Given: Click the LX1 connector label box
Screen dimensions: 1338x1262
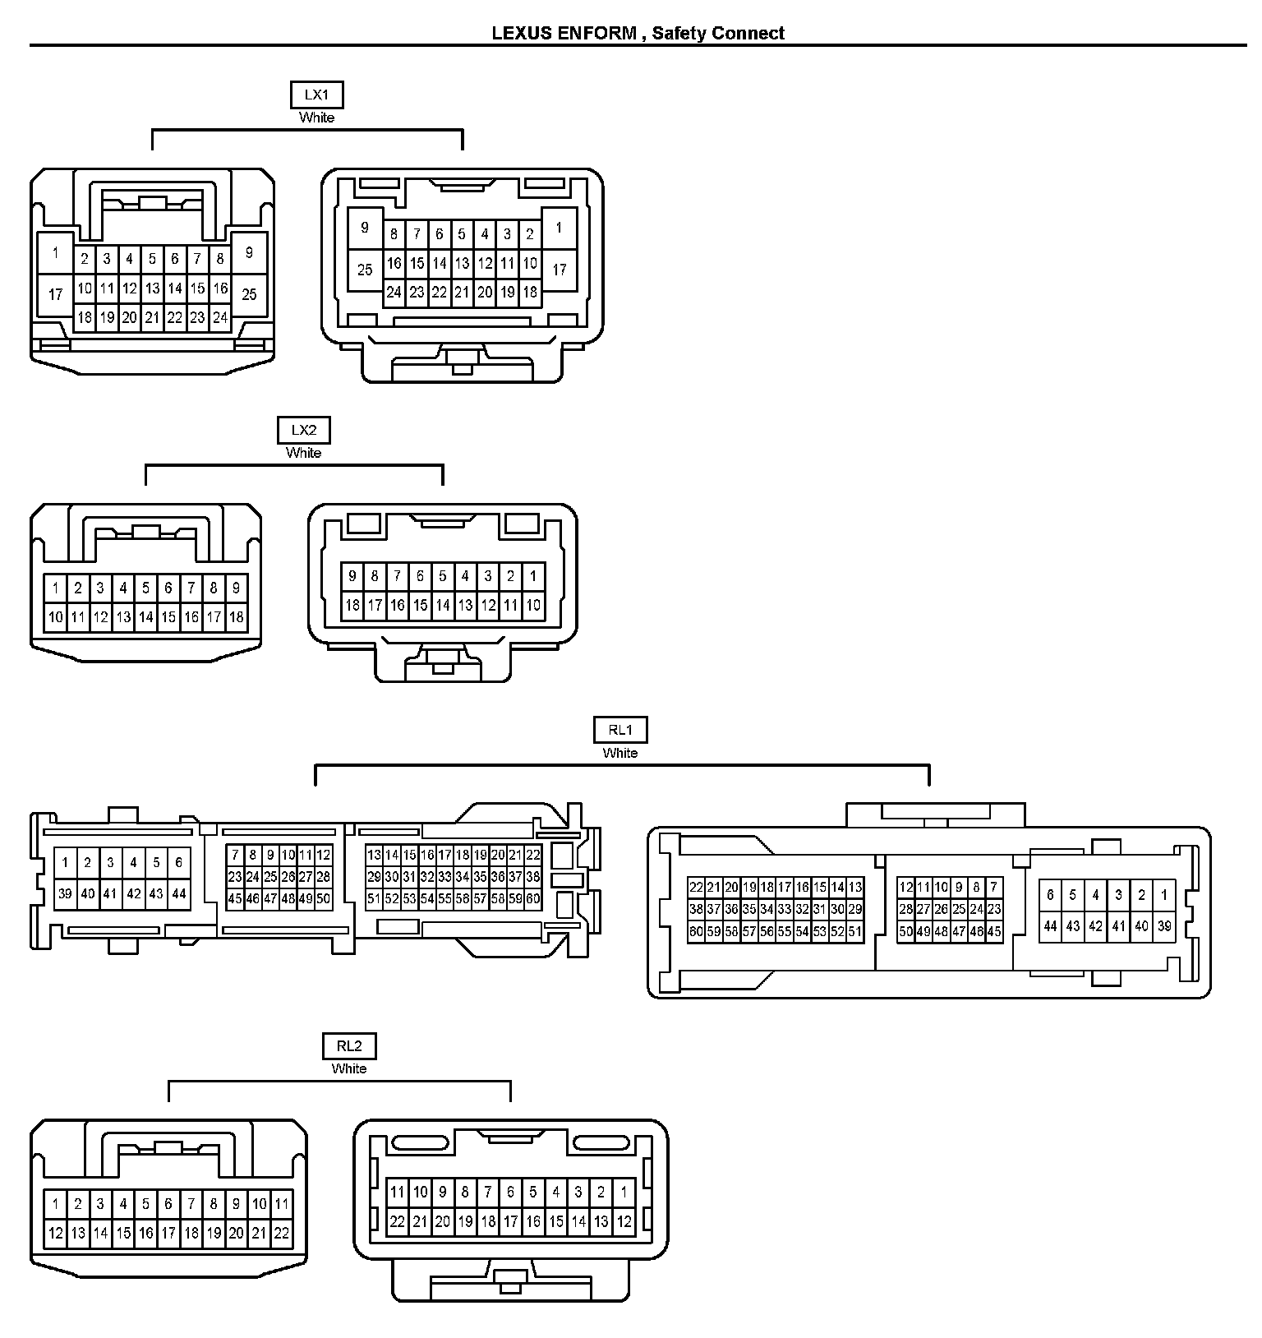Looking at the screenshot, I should [316, 95].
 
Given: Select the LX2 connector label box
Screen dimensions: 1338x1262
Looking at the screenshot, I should [303, 430].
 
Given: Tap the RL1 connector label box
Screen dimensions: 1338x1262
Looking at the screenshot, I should [620, 730].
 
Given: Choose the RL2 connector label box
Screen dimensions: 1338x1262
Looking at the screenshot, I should [349, 1046].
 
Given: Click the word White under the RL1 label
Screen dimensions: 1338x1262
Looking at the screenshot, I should [620, 753].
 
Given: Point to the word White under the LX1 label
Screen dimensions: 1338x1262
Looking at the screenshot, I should [316, 118].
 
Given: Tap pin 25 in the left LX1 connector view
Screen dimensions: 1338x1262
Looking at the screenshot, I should [250, 293].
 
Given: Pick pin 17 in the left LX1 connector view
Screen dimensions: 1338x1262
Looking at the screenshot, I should [56, 293].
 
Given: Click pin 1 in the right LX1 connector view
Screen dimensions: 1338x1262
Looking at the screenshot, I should [559, 228].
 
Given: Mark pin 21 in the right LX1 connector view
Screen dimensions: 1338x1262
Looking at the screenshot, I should [462, 292].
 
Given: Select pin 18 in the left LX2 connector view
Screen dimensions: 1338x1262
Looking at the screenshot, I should [237, 617].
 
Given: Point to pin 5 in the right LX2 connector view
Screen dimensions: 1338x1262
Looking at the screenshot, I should [443, 576].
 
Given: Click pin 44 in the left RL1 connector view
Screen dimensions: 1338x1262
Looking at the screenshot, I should [179, 893].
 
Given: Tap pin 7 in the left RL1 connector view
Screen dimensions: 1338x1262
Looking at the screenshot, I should [235, 855].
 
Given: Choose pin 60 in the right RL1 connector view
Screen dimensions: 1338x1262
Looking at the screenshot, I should [696, 932].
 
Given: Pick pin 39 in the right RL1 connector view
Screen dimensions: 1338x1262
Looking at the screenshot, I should [1164, 926].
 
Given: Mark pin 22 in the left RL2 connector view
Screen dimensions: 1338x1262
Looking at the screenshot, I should [282, 1233].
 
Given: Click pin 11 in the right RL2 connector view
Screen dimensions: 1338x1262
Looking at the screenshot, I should [398, 1192].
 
